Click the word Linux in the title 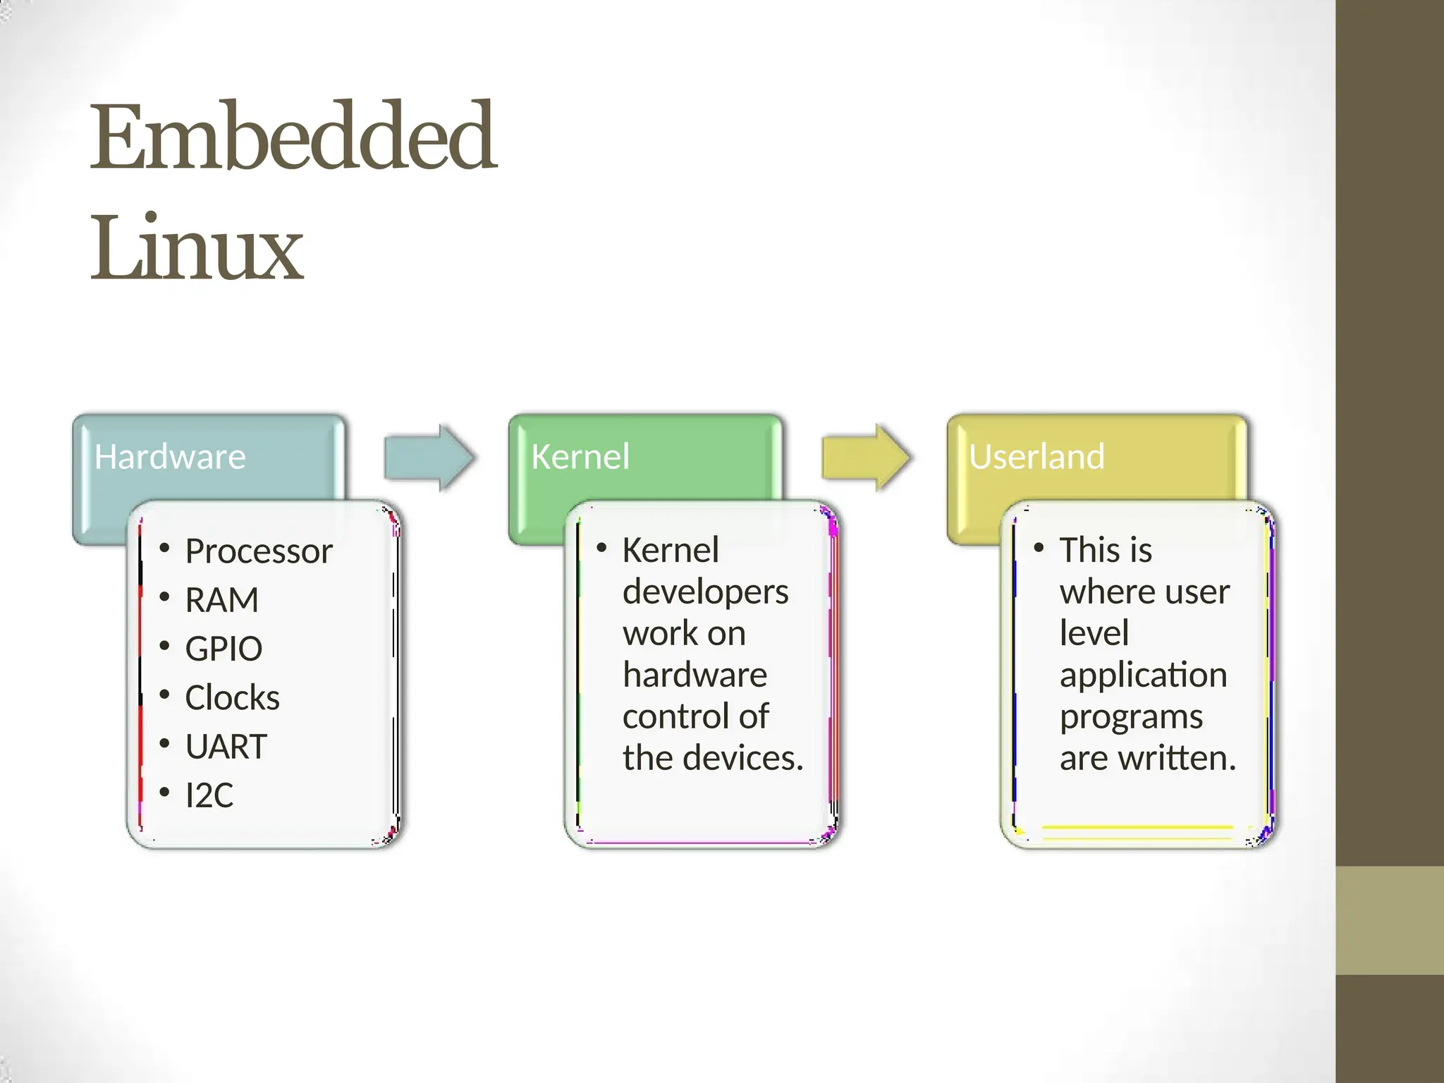click(197, 248)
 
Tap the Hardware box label click(170, 457)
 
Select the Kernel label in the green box click(580, 457)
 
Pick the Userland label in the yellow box click(1036, 457)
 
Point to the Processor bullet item click(258, 551)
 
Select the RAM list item click(221, 600)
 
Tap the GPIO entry click(224, 649)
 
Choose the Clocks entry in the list click(232, 697)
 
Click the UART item click(226, 746)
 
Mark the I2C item click(209, 795)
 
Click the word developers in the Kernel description click(705, 592)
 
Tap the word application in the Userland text click(1143, 675)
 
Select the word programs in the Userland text click(1131, 717)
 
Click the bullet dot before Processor click(164, 548)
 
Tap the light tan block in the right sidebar click(1390, 920)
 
